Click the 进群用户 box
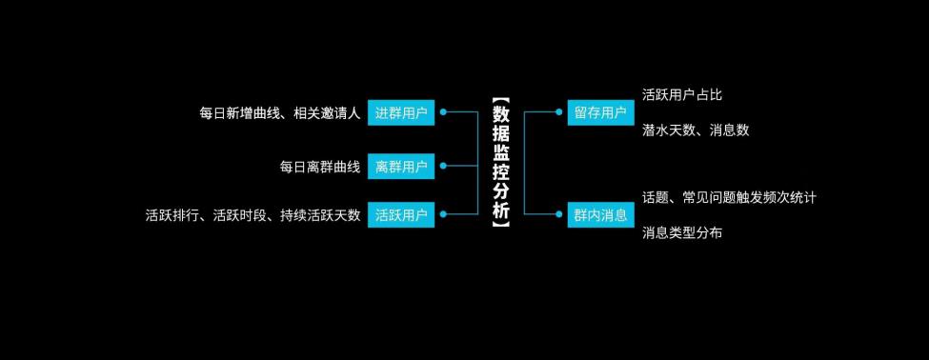401,112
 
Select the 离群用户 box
401,167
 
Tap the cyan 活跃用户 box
401,214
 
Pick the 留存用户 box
600,112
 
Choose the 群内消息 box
600,214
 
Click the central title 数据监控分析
501,162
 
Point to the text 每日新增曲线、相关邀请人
279,113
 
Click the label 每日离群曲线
320,168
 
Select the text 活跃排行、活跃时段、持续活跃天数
252,215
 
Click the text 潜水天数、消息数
696,130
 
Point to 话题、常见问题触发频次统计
729,197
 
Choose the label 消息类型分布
682,232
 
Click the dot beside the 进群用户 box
443,112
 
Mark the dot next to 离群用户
443,167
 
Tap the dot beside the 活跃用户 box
443,214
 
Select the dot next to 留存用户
559,112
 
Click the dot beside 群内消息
559,214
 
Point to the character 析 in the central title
501,210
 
